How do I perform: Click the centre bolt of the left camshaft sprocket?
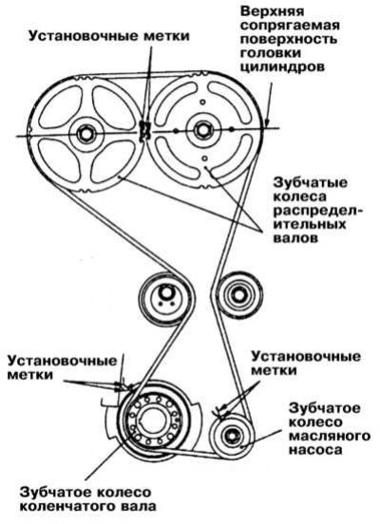(85, 134)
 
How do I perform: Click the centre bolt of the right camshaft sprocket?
(201, 129)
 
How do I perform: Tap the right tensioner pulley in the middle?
(238, 295)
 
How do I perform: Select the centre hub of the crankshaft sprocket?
(153, 423)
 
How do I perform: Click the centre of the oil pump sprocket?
(232, 436)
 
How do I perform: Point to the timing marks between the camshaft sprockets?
(144, 130)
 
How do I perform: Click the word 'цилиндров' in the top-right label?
(283, 66)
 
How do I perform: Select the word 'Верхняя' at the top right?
(273, 11)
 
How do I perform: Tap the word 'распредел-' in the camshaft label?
(318, 211)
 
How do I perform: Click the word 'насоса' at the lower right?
(315, 450)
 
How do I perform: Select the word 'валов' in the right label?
(295, 238)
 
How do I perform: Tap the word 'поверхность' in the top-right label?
(289, 39)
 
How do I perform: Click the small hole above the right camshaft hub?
(201, 102)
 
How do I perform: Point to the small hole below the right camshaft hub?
(205, 159)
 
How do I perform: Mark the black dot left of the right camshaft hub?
(176, 131)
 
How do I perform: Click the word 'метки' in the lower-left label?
(30, 375)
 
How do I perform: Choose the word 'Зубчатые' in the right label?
(311, 183)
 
